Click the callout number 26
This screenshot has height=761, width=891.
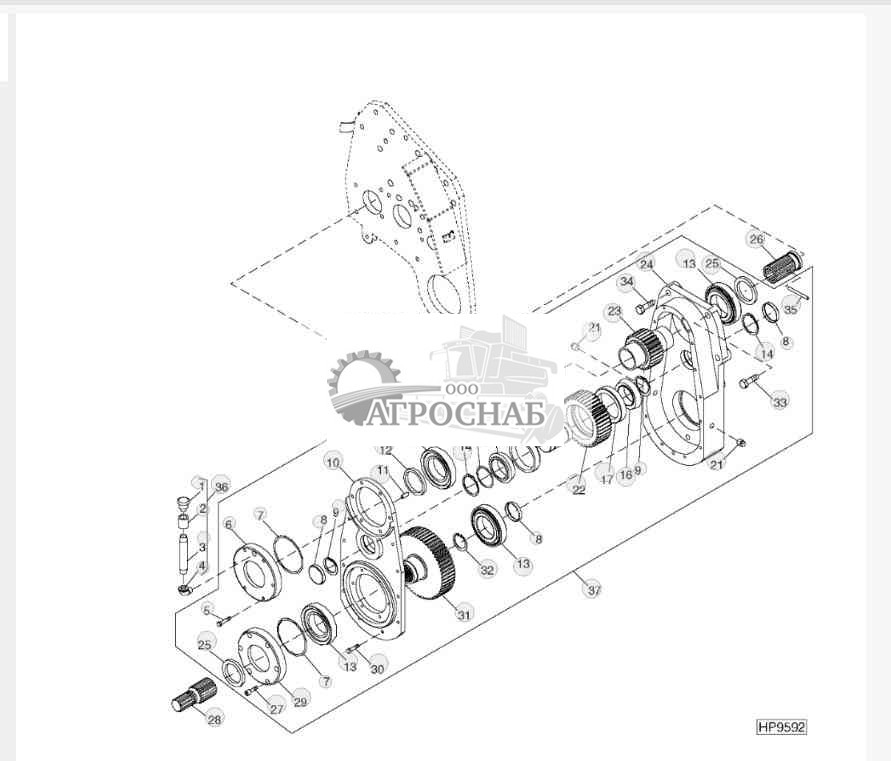tap(756, 239)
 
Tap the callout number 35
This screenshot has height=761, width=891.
tap(790, 310)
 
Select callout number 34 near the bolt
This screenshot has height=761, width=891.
tap(627, 282)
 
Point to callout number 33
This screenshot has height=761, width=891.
tap(780, 402)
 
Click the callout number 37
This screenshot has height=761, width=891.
tap(594, 590)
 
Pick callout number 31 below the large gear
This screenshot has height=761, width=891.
tap(463, 615)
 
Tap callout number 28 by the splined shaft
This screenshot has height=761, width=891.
tap(214, 718)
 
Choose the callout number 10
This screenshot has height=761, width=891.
tap(333, 461)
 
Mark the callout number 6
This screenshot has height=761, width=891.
tap(228, 524)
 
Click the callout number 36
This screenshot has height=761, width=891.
tap(221, 486)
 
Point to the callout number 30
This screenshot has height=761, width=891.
tap(377, 668)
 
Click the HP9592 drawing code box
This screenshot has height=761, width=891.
tap(781, 727)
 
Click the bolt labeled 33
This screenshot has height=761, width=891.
tap(749, 381)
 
